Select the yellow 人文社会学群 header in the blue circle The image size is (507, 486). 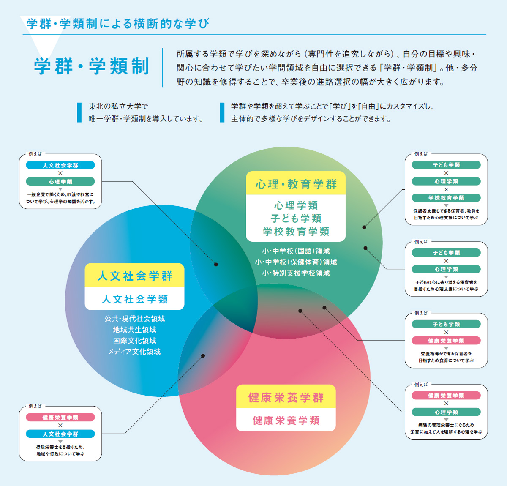(134, 275)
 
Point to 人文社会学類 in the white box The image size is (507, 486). (135, 299)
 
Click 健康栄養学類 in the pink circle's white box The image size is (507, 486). (286, 420)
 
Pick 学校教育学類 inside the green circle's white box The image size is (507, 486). (296, 232)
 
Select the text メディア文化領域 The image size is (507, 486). (134, 352)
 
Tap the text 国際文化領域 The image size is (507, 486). (134, 341)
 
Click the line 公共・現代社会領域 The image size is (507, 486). (134, 319)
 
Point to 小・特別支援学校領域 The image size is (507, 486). (296, 273)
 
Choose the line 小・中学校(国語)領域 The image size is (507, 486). (296, 251)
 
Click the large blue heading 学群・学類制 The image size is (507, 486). (91, 66)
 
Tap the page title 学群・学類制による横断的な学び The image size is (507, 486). (118, 23)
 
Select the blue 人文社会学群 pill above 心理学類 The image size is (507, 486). (60, 165)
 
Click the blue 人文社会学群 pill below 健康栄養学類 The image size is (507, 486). (60, 434)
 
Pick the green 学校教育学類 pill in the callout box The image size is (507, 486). (446, 198)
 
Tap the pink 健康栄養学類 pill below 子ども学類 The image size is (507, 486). (446, 341)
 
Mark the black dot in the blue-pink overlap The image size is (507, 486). (203, 356)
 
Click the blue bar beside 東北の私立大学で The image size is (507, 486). (79, 112)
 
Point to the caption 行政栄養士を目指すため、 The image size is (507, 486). (60, 447)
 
